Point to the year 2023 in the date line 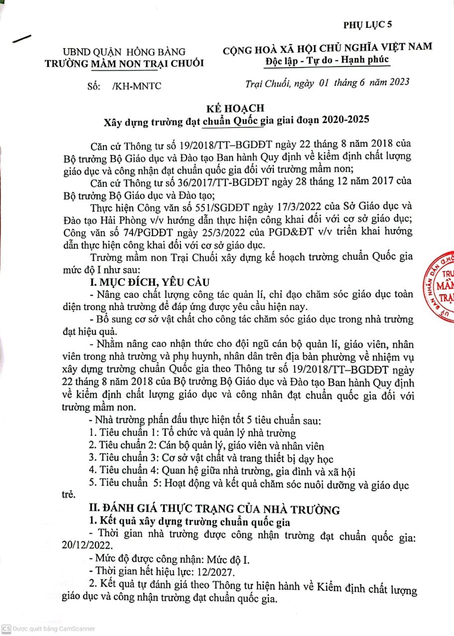click(x=396, y=82)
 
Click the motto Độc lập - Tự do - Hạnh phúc click(x=328, y=60)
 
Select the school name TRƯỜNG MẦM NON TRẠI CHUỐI click(x=124, y=63)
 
